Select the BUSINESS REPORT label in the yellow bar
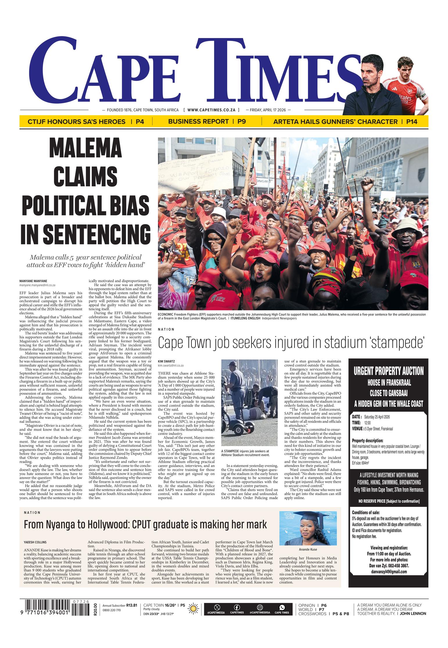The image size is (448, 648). (x=198, y=122)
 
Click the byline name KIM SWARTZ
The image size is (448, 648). (x=166, y=361)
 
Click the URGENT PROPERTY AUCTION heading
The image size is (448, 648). (x=388, y=371)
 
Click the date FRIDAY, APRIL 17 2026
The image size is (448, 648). (x=268, y=110)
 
